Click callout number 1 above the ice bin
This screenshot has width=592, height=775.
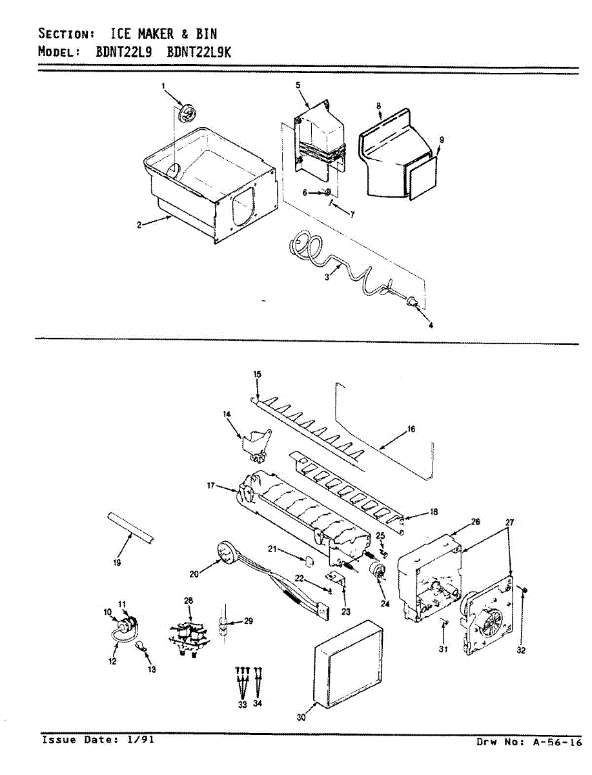click(163, 85)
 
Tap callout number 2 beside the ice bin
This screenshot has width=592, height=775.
click(139, 225)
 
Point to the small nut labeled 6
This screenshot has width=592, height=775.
click(328, 192)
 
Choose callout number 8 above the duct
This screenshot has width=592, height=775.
click(379, 105)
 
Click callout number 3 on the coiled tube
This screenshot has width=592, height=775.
click(329, 276)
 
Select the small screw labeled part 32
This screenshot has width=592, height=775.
click(524, 590)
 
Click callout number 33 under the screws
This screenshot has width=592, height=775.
click(242, 705)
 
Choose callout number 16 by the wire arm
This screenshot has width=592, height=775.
click(411, 429)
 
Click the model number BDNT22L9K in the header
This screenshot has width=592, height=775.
click(198, 52)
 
